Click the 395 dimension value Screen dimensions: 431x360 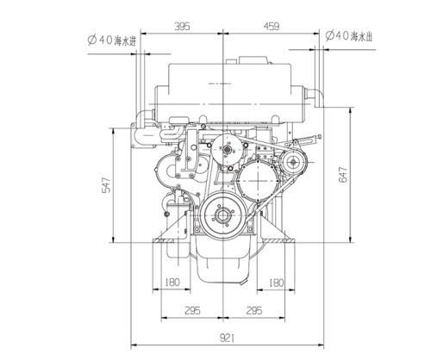(182, 27)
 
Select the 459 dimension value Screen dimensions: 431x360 (272, 27)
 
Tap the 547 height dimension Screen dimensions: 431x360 (106, 185)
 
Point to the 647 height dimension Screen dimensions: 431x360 (343, 175)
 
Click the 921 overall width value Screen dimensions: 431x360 (227, 338)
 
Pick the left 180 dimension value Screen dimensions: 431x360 (172, 282)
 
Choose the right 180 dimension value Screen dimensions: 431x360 (276, 283)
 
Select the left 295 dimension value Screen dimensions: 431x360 (192, 310)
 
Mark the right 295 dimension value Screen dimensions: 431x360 (254, 310)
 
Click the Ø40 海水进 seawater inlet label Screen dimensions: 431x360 (111, 40)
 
